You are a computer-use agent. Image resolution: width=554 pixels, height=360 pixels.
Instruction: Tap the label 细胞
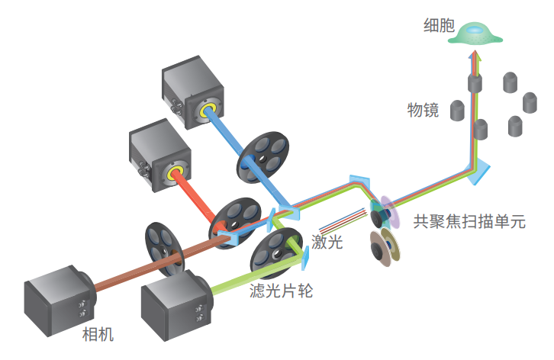(x=439, y=25)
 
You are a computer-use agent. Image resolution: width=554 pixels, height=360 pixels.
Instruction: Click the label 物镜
(x=423, y=110)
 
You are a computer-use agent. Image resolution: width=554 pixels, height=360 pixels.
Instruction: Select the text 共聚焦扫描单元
(x=469, y=223)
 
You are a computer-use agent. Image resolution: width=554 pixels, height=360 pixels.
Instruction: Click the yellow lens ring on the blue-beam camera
(x=208, y=111)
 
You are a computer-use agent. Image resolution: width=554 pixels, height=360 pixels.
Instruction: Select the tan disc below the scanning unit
(x=382, y=248)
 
